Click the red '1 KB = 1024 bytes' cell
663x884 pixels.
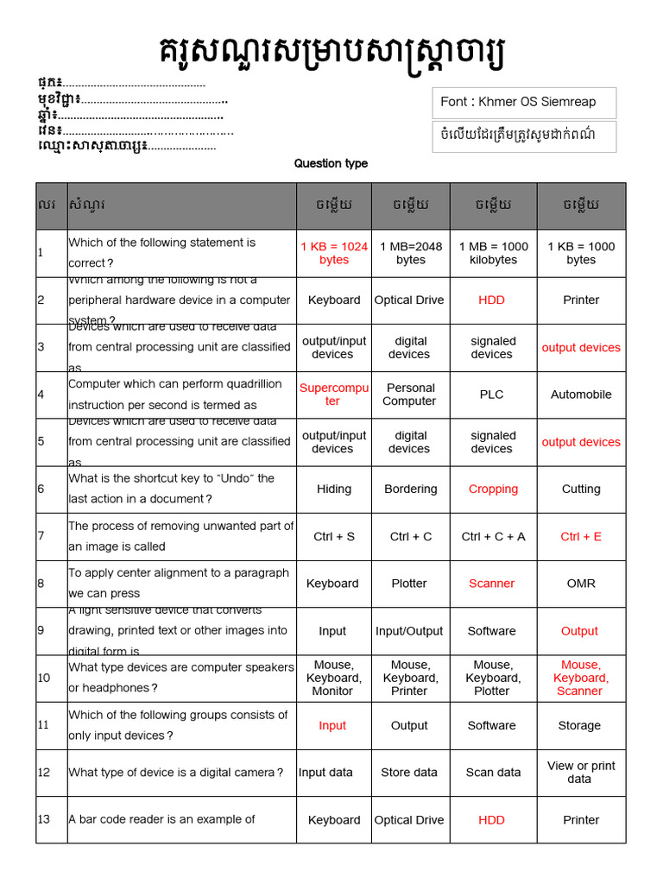click(334, 253)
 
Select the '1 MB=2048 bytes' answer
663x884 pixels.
click(411, 253)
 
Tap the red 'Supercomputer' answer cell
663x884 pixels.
click(333, 395)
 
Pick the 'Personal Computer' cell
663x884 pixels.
click(409, 395)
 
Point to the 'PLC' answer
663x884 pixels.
click(492, 395)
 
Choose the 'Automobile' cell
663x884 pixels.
click(581, 395)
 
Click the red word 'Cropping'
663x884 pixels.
click(493, 489)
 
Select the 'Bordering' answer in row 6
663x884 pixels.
click(411, 489)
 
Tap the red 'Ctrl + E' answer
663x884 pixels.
click(581, 536)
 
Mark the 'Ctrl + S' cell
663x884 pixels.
click(334, 536)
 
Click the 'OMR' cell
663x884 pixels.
click(581, 584)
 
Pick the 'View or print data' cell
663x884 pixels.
click(581, 773)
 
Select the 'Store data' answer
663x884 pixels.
click(409, 773)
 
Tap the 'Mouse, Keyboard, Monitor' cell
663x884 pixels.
click(333, 678)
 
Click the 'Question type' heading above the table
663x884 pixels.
click(331, 163)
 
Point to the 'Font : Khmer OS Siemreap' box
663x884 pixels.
click(523, 102)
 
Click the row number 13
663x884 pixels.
click(44, 819)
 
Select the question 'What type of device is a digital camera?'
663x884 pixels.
click(175, 773)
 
